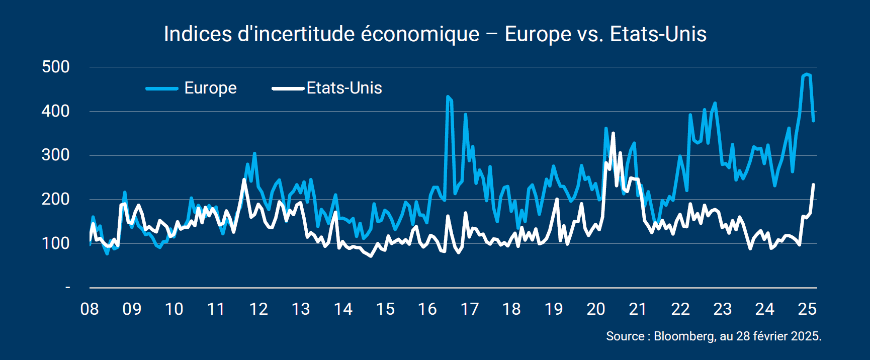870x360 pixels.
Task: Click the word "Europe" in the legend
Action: (210, 88)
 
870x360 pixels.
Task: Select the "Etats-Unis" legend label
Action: (344, 88)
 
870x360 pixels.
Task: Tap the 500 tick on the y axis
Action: (56, 67)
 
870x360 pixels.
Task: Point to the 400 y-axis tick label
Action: (56, 111)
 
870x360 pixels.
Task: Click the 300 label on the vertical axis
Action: (56, 155)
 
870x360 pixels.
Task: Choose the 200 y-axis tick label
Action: (56, 199)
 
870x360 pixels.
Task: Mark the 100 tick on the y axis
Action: (56, 243)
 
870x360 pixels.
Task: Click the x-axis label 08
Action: (90, 309)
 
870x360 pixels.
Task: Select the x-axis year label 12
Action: (258, 309)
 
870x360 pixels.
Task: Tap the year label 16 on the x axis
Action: (427, 309)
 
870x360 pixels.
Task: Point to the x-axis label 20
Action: (596, 309)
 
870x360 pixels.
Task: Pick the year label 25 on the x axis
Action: (807, 309)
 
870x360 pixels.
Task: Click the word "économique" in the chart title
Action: (420, 34)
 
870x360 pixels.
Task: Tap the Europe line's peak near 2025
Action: (807, 74)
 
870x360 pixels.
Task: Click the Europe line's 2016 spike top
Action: (448, 97)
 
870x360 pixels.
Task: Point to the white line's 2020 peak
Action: (613, 133)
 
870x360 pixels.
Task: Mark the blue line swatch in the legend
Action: (162, 88)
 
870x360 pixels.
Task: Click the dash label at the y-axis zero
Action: (68, 287)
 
